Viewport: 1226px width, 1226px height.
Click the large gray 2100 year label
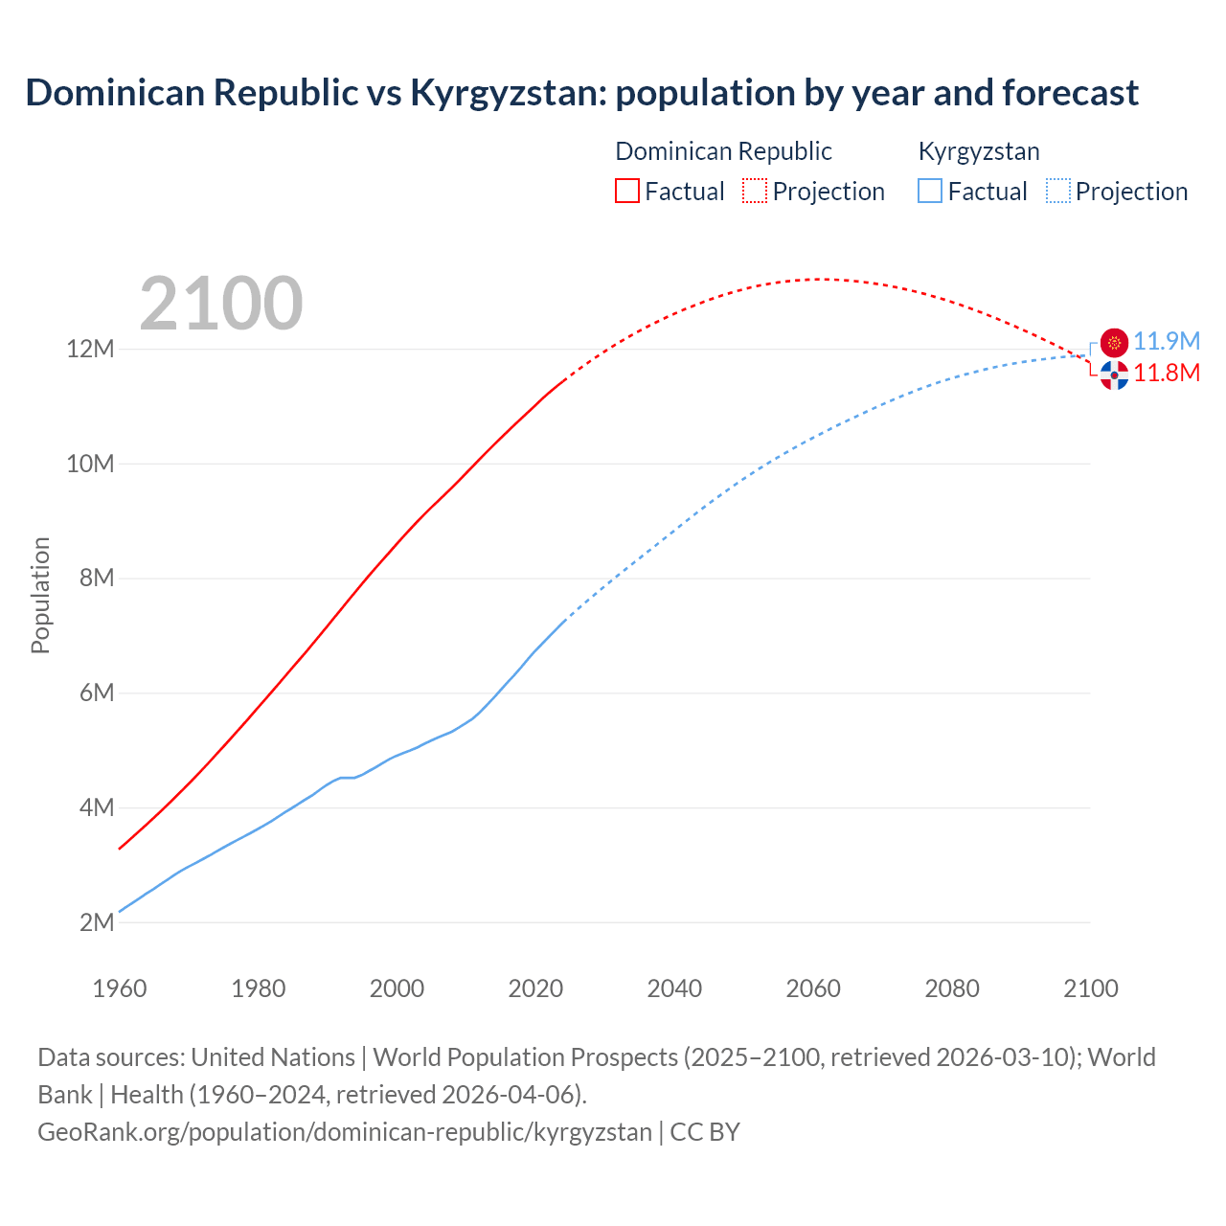[221, 304]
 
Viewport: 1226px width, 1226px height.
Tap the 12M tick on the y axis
[90, 349]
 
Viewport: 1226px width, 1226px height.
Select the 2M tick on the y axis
[97, 922]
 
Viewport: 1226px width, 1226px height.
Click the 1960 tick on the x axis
[120, 988]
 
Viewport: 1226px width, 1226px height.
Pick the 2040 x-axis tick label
[674, 988]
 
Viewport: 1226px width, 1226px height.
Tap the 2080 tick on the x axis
[952, 988]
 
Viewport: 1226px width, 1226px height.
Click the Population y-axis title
[40, 595]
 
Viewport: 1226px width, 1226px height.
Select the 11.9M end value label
[1167, 342]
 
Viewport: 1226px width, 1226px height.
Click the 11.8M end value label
[1167, 374]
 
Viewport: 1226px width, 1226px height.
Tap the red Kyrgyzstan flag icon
[1114, 342]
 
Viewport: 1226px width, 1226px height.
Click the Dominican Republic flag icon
[1114, 375]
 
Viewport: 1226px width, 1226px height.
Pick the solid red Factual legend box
[627, 191]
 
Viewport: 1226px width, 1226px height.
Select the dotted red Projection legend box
[755, 191]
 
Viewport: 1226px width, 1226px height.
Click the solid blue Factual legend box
[930, 191]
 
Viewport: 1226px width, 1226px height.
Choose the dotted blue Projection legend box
[1058, 191]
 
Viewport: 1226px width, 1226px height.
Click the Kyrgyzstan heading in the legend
[979, 151]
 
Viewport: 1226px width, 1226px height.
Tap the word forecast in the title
[1071, 93]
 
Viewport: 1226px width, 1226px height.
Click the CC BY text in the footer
[705, 1132]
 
